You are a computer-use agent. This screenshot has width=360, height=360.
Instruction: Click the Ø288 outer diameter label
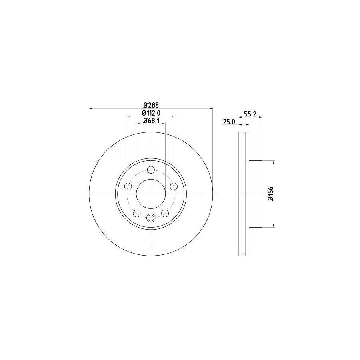pyautogui.click(x=151, y=105)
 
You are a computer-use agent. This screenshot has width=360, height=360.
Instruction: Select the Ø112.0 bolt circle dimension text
pyautogui.click(x=151, y=113)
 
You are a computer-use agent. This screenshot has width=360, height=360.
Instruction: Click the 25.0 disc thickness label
pyautogui.click(x=228, y=122)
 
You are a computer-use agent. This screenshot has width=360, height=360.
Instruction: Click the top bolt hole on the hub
pyautogui.click(x=151, y=170)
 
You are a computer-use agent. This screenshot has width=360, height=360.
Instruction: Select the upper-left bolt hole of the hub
pyautogui.click(x=128, y=186)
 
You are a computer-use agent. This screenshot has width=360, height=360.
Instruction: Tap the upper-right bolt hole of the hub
pyautogui.click(x=174, y=186)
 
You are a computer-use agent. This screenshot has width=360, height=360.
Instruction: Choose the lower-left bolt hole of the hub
pyautogui.click(x=137, y=213)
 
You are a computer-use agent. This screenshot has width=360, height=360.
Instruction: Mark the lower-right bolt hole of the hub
pyautogui.click(x=165, y=213)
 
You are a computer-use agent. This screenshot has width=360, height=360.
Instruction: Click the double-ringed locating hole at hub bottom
pyautogui.click(x=151, y=218)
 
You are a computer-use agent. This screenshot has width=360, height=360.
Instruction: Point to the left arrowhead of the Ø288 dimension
pyautogui.click(x=90, y=108)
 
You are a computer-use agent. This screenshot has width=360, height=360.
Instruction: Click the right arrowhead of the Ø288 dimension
pyautogui.click(x=211, y=108)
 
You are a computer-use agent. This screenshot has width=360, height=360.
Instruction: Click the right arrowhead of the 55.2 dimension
pyautogui.click(x=260, y=117)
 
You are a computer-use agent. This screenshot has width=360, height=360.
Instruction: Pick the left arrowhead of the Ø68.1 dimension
pyautogui.click(x=138, y=124)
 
